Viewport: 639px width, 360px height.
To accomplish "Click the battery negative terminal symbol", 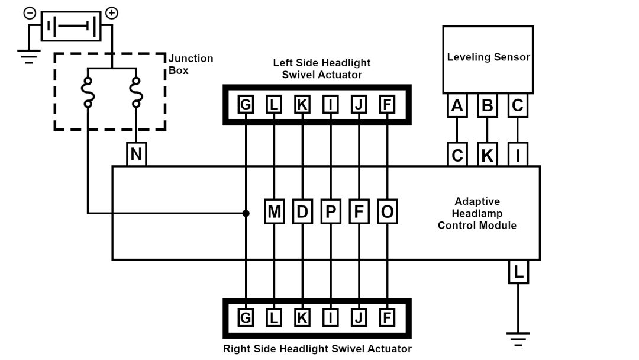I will (29, 12).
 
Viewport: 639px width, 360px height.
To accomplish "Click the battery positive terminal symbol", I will (111, 12).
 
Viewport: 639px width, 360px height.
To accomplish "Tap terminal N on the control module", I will (136, 155).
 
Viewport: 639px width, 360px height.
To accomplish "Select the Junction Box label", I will (191, 64).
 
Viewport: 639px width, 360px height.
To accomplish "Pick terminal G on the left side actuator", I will (245, 105).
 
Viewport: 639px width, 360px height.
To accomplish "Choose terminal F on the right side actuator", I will (387, 318).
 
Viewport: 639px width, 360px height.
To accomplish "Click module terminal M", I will (274, 212).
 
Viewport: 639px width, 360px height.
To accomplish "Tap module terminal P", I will (331, 212).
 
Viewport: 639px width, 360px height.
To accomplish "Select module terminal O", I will (388, 212).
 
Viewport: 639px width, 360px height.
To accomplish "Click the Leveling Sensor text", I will (488, 57).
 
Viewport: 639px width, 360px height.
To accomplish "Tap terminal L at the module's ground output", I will (518, 273).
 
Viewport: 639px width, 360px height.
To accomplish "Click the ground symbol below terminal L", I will (518, 339).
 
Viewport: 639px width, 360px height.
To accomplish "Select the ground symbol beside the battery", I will (28, 57).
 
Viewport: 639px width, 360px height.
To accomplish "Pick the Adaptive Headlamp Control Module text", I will (477, 213).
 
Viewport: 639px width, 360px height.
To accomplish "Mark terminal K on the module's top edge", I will (488, 156).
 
